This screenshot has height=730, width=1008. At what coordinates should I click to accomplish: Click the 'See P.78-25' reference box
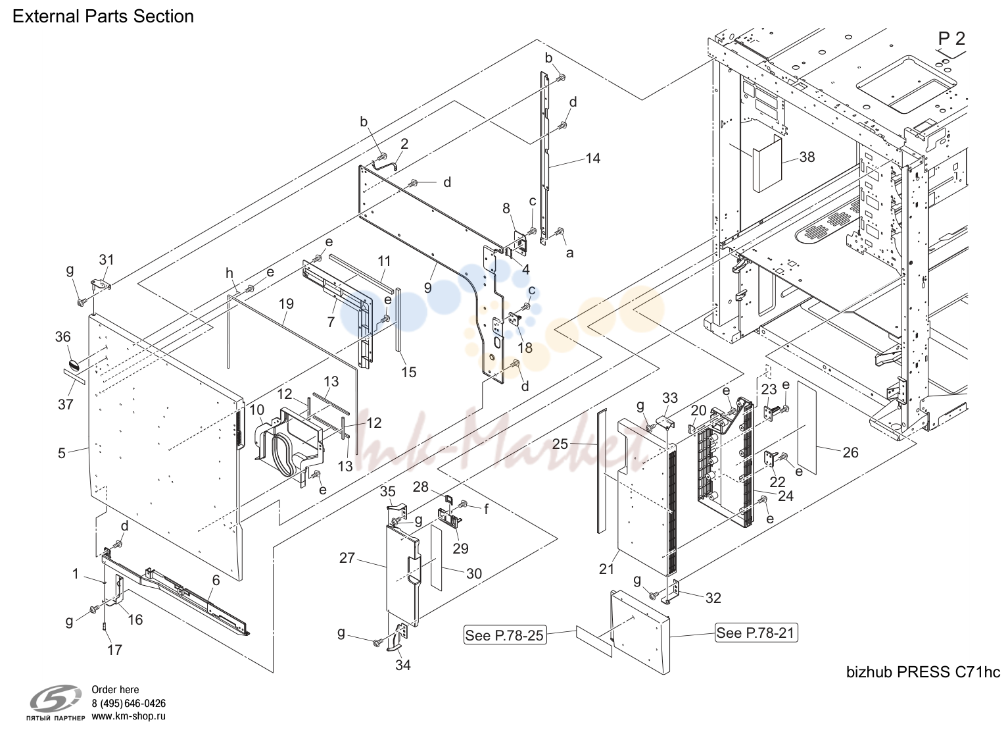click(505, 635)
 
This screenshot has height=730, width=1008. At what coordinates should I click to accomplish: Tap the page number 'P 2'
click(951, 39)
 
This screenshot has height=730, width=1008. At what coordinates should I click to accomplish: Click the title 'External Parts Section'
click(103, 16)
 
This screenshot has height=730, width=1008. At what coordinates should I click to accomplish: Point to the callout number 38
click(807, 157)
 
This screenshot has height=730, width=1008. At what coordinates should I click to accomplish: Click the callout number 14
click(592, 158)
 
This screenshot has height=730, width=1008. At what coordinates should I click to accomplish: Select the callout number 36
click(63, 336)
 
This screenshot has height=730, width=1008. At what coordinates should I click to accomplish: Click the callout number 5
click(62, 453)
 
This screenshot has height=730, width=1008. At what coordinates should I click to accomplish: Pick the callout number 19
click(286, 303)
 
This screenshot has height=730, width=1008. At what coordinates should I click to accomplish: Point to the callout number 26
click(850, 452)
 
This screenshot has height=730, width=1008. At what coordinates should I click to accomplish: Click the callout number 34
click(403, 665)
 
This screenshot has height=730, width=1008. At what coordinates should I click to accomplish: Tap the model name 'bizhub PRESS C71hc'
click(923, 672)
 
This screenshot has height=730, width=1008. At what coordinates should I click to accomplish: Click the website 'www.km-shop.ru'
click(129, 716)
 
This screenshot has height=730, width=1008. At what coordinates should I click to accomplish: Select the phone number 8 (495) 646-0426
click(129, 703)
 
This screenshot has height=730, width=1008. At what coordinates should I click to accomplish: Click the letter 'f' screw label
click(486, 509)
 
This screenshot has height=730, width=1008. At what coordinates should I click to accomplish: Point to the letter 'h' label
click(229, 273)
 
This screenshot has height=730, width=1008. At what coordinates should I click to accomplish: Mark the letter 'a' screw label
click(569, 253)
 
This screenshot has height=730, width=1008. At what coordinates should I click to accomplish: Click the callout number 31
click(107, 259)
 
